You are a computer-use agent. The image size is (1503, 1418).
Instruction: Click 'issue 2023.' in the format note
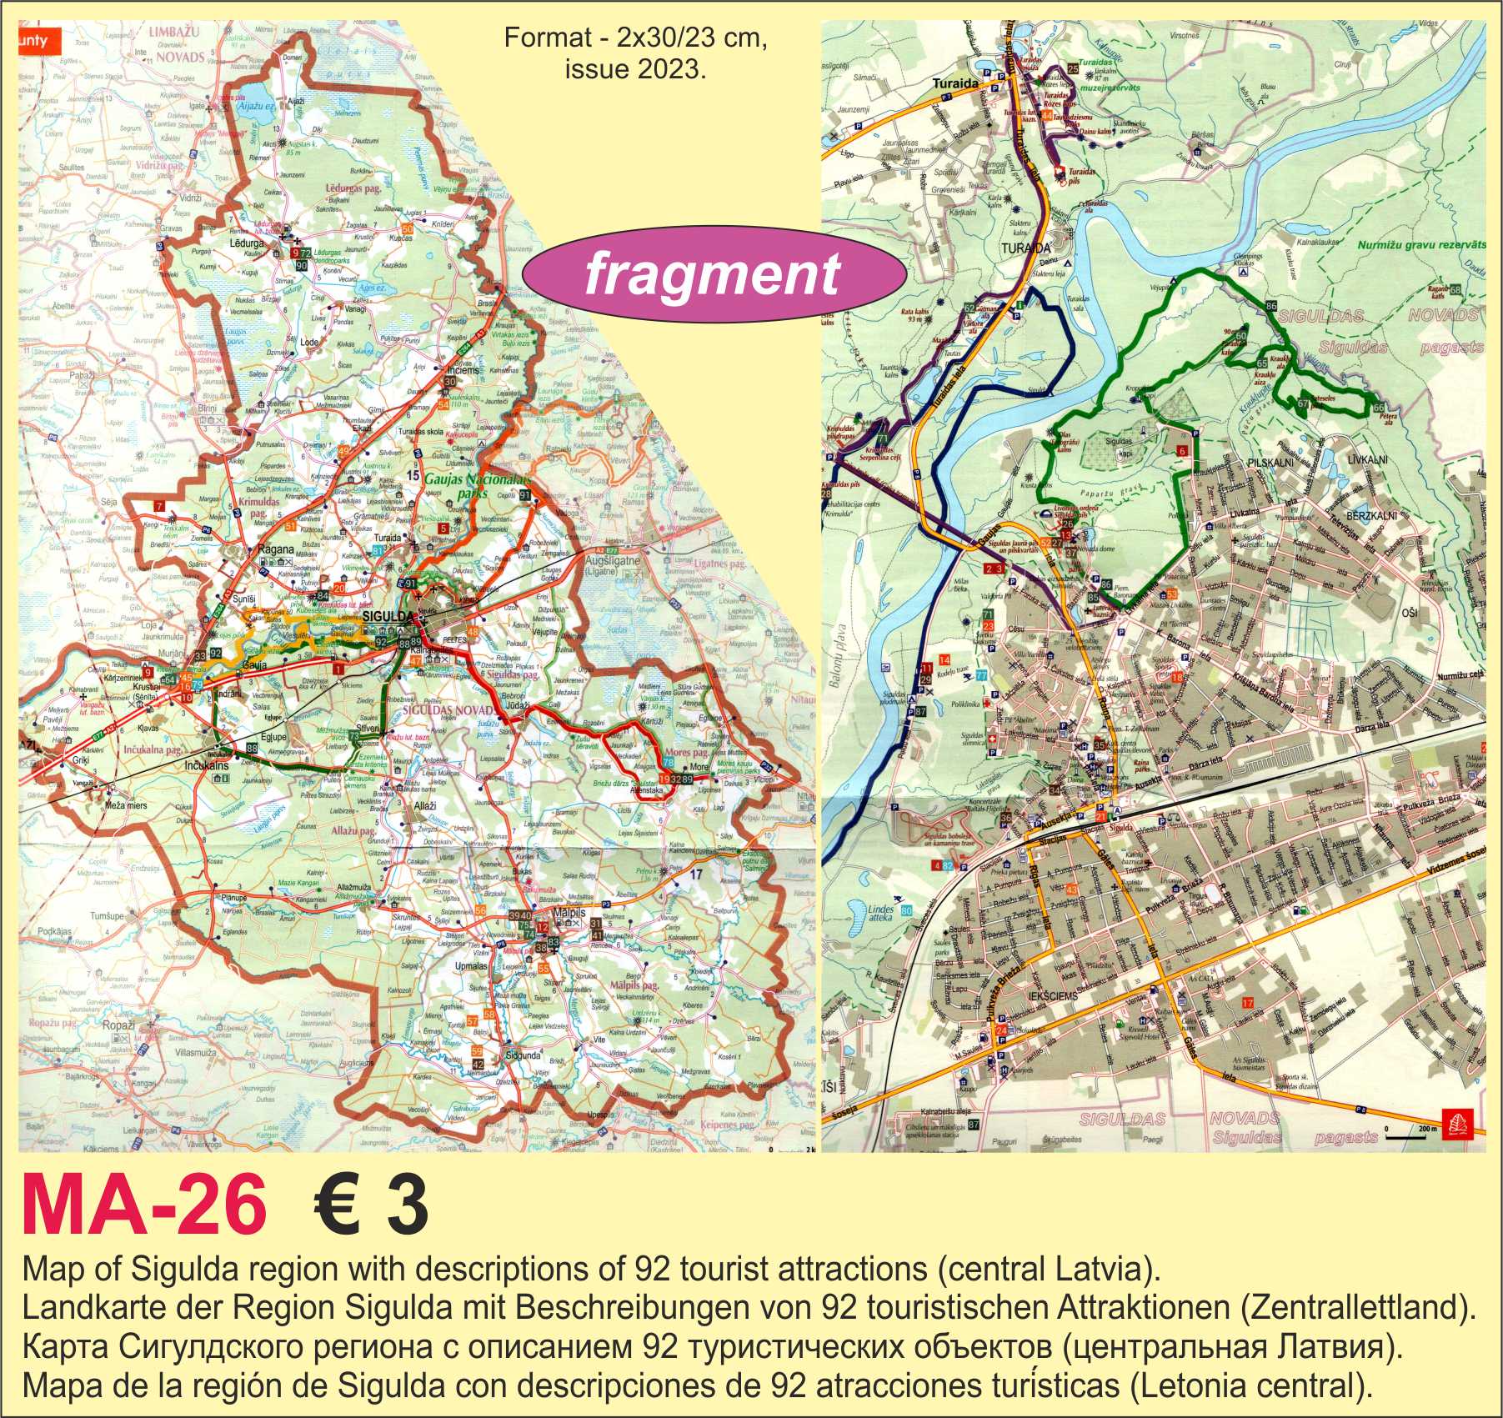point(634,70)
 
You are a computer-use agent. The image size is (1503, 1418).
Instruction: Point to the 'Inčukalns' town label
point(207,765)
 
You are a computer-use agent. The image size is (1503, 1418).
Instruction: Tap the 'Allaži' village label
point(425,807)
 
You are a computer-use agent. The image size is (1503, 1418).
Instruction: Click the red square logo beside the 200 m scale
point(1451,1123)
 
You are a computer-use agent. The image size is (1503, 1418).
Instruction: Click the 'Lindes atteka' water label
point(880,913)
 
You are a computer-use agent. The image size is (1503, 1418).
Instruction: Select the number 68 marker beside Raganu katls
point(1455,289)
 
